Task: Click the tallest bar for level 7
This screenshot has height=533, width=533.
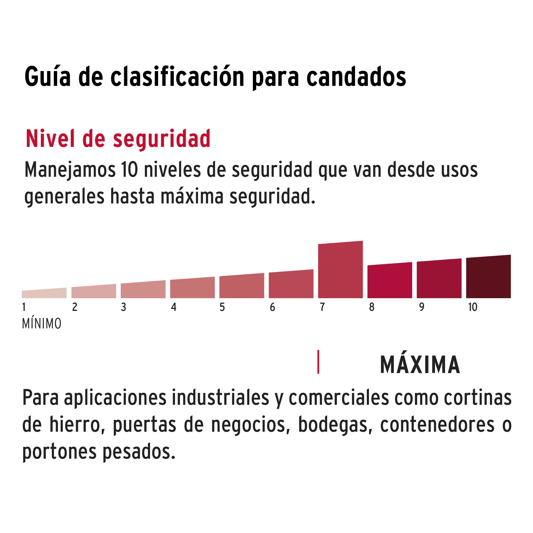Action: point(340,270)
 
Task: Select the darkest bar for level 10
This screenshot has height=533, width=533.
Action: point(488,277)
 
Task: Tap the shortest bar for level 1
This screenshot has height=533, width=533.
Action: point(44,293)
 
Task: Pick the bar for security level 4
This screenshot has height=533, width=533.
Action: point(192,288)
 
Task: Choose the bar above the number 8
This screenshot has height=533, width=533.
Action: point(390,280)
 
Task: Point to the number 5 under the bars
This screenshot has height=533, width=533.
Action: point(222,307)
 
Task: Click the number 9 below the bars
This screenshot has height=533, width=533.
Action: point(421,307)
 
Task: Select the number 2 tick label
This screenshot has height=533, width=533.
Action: point(75,307)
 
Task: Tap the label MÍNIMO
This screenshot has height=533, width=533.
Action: point(42,324)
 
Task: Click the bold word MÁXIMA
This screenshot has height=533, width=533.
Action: point(420,365)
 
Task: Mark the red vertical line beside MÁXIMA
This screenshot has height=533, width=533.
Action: point(318,362)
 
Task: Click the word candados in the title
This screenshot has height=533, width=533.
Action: point(356,77)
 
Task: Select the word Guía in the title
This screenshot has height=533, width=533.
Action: point(48,77)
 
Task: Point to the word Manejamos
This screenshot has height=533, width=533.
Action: point(70,170)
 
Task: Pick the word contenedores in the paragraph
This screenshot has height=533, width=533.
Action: point(437,425)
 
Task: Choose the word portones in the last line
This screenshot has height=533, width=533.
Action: point(60,452)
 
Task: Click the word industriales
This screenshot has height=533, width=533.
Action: point(220,398)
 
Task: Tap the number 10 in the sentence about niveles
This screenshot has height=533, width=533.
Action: point(129,170)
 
